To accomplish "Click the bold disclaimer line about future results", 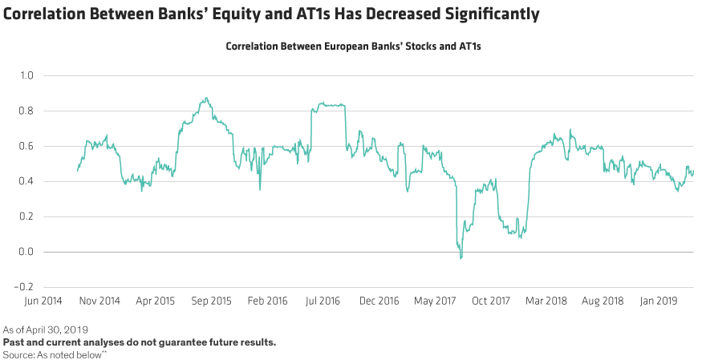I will pyautogui.click(x=140, y=342).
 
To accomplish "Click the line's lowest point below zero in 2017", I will pyautogui.click(x=461, y=258).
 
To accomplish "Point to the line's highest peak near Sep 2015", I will pyautogui.click(x=206, y=98).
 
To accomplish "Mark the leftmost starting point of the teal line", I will pyautogui.click(x=77, y=171).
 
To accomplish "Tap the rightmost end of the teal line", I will pyautogui.click(x=693, y=173).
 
